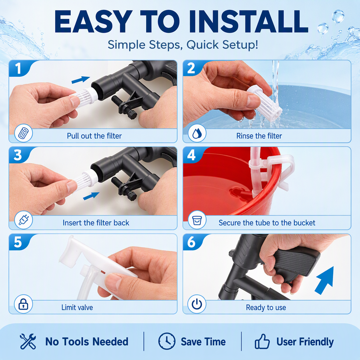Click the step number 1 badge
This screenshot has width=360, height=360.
pyautogui.click(x=18, y=68)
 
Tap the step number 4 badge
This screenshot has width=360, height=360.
pyautogui.click(x=191, y=155)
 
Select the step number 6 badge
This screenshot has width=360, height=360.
pyautogui.click(x=191, y=242)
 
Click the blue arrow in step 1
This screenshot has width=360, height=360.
pyautogui.click(x=81, y=80)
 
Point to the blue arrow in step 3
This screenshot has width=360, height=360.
pyautogui.click(x=91, y=196)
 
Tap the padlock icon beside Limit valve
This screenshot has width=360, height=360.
pyautogui.click(x=23, y=304)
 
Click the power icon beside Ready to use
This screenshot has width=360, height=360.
pyautogui.click(x=197, y=304)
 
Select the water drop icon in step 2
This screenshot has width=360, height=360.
pyautogui.click(x=197, y=133)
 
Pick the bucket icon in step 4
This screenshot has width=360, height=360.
pyautogui.click(x=197, y=220)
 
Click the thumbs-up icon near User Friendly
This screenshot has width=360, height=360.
pyautogui.click(x=262, y=341)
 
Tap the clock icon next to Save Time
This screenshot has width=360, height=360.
pyautogui.click(x=167, y=341)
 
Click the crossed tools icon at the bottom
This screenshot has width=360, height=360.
pyautogui.click(x=28, y=341)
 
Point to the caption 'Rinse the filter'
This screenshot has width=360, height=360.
pyautogui.click(x=259, y=136)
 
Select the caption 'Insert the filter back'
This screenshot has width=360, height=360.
pyautogui.click(x=96, y=223)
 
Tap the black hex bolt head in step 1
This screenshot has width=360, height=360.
pyautogui.click(x=131, y=114)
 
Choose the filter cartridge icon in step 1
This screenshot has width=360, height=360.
pyautogui.click(x=23, y=133)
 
